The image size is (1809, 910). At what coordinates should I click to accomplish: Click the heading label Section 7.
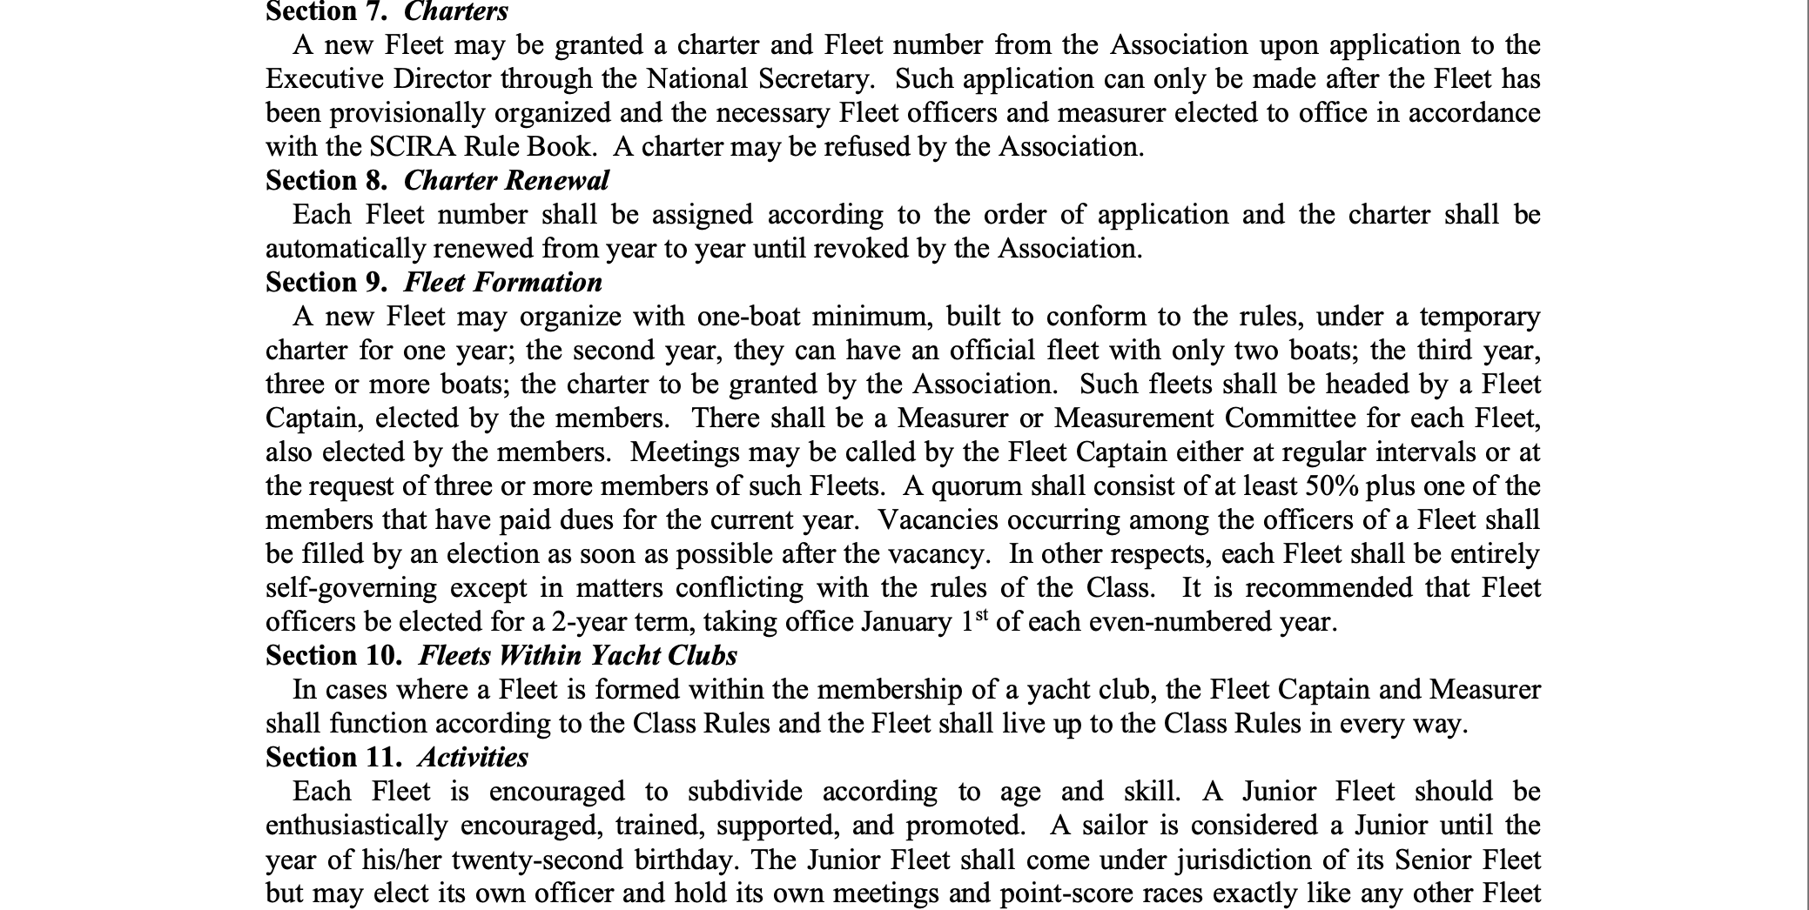[x=326, y=11]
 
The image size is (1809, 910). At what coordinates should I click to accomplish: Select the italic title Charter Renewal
[x=506, y=180]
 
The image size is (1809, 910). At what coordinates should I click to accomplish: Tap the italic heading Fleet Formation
[x=502, y=282]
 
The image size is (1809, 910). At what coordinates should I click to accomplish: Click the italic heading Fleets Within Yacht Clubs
[x=577, y=655]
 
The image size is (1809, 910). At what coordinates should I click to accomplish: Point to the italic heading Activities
[x=472, y=757]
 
